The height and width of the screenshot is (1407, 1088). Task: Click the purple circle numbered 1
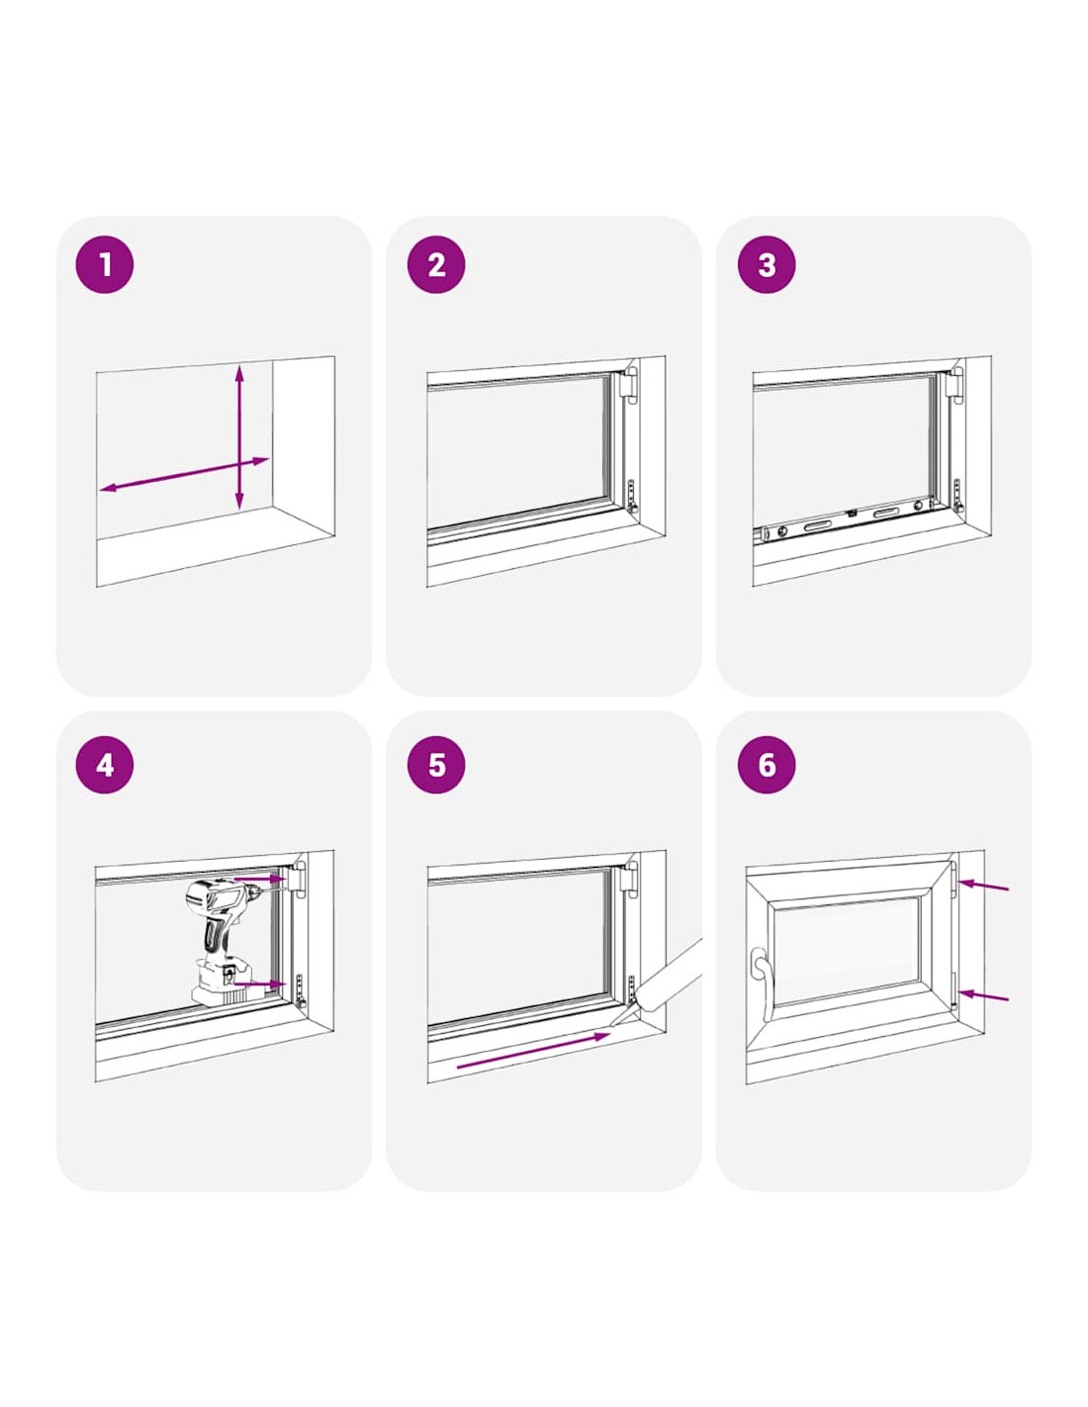click(105, 265)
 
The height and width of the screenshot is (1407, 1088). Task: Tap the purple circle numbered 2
click(436, 265)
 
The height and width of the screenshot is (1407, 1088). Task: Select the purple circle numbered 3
click(767, 265)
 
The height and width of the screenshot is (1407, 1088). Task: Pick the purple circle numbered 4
click(105, 765)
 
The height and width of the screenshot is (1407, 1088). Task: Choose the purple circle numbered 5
click(436, 765)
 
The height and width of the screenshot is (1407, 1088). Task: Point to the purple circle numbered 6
click(767, 765)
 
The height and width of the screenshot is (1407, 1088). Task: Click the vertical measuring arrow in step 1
click(239, 437)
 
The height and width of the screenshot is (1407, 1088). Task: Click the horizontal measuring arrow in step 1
click(184, 475)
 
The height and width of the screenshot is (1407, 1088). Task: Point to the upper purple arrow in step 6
click(984, 886)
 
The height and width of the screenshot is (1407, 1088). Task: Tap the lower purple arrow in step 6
click(984, 995)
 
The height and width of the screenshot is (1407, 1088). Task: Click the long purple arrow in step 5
click(533, 1050)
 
